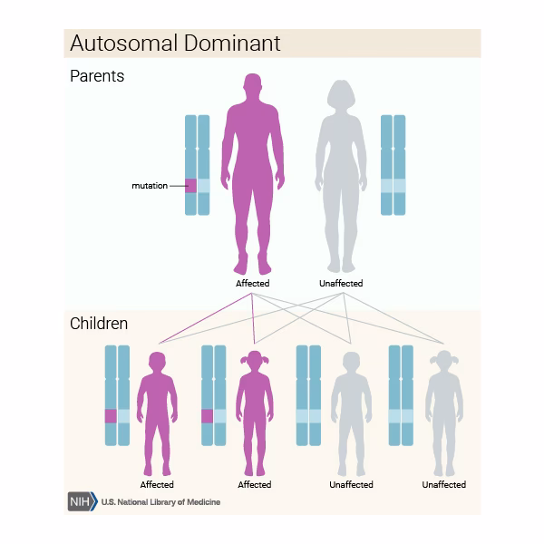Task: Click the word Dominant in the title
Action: click(230, 44)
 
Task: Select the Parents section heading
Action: click(97, 76)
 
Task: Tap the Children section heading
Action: click(99, 324)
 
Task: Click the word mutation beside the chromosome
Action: click(150, 186)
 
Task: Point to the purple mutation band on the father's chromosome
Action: click(191, 186)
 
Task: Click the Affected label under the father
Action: click(253, 284)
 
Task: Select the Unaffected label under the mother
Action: click(341, 284)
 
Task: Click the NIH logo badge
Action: click(82, 501)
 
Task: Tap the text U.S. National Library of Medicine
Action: click(160, 502)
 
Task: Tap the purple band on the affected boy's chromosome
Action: click(111, 416)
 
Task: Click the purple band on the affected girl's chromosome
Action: click(207, 416)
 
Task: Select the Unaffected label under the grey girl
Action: click(444, 485)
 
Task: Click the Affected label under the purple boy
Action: click(157, 485)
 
